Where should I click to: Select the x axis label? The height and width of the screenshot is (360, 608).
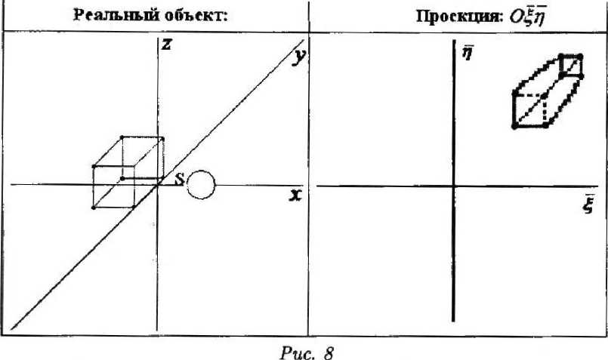295,195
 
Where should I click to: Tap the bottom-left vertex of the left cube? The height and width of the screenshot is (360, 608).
94,207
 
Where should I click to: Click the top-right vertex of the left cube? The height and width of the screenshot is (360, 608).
163,138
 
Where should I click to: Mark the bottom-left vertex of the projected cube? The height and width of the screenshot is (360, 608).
514,126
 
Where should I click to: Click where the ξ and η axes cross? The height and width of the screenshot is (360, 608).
453,186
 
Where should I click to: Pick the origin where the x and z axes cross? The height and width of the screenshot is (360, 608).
157,184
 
